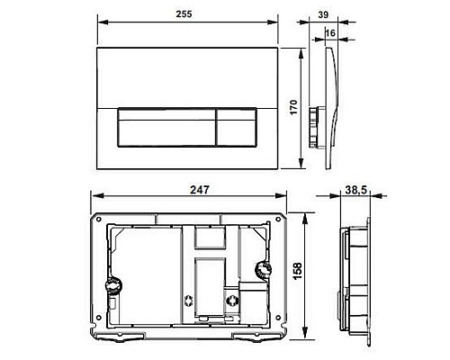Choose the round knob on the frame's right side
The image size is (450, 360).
264,270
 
